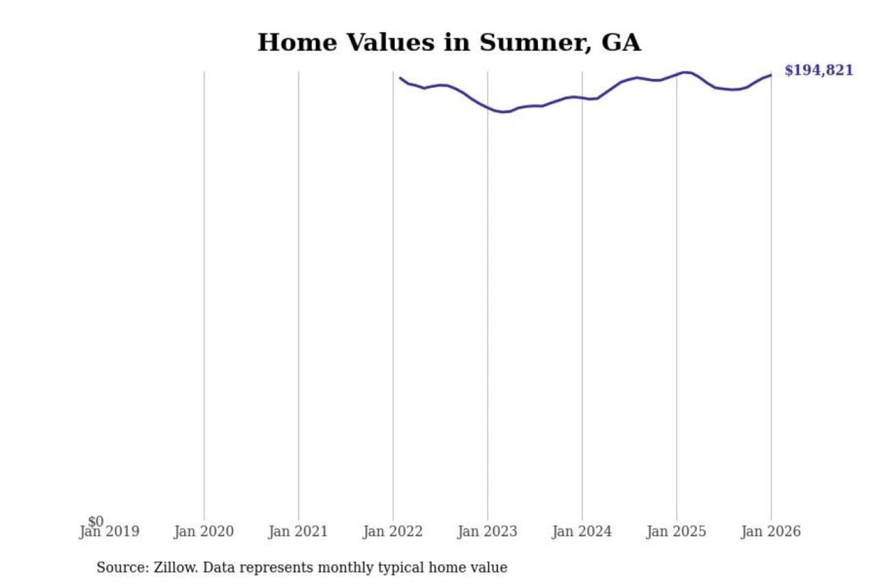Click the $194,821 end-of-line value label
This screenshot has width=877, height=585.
pos(819,70)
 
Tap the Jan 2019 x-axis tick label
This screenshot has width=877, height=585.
pos(110,531)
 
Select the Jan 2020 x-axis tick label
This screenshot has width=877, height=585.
pos(203,531)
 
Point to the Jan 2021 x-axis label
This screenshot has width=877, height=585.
pos(298,531)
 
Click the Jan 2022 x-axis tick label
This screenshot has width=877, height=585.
pos(392,531)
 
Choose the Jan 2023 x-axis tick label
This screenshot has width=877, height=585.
pos(487,531)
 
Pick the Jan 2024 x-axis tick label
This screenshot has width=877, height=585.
pos(582,531)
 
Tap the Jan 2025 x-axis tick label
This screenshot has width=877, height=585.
pos(676,531)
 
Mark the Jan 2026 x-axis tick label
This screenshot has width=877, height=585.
pos(770,531)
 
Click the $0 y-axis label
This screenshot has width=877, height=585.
pos(96,521)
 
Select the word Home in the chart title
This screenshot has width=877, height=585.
pos(297,43)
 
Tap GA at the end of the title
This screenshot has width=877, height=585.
pos(621,43)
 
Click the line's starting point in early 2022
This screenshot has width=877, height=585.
pos(400,77)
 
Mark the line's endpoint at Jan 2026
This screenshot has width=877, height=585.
pos(771,75)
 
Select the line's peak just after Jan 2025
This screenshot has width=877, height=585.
pos(686,73)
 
